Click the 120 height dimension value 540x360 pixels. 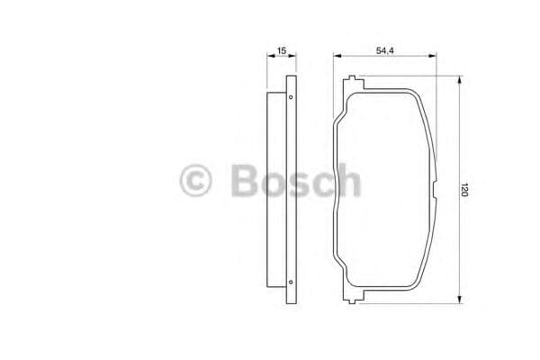click(464, 191)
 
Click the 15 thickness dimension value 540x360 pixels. click(282, 51)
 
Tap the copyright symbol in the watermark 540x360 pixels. click(195, 181)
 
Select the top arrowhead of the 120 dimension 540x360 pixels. click(460, 80)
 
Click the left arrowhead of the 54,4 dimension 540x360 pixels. click(337, 58)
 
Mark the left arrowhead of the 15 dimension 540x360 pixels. click(270, 58)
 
